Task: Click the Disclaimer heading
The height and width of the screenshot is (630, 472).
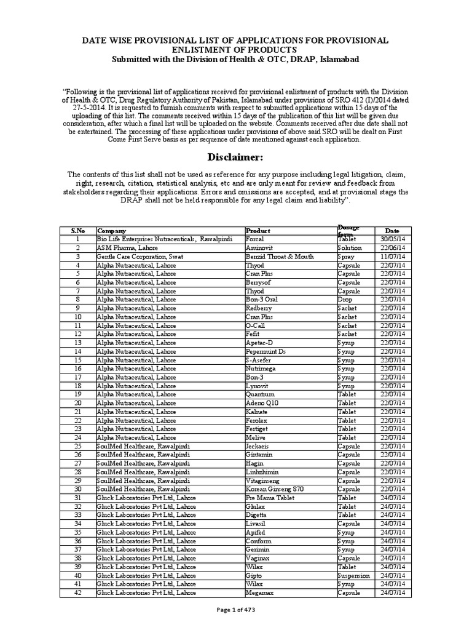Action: pyautogui.click(x=235, y=158)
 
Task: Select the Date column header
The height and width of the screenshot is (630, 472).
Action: pyautogui.click(x=391, y=230)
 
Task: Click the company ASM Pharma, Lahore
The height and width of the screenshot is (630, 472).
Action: pyautogui.click(x=127, y=247)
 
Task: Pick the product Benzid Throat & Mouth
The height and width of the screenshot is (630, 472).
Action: pyautogui.click(x=280, y=256)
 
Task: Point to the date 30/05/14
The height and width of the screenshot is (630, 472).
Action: pyautogui.click(x=392, y=239)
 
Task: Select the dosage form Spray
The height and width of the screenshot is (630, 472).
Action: pyautogui.click(x=347, y=256)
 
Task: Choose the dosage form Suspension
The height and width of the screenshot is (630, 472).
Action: pyautogui.click(x=354, y=575)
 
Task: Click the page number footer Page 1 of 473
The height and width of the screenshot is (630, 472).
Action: pyautogui.click(x=235, y=610)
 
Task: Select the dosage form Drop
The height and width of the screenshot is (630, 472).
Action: pyautogui.click(x=345, y=299)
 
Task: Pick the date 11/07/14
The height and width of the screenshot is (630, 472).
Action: pyautogui.click(x=392, y=256)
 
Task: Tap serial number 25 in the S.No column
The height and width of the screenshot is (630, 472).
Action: pyautogui.click(x=78, y=445)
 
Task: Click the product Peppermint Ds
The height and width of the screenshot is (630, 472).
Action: pyautogui.click(x=265, y=351)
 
